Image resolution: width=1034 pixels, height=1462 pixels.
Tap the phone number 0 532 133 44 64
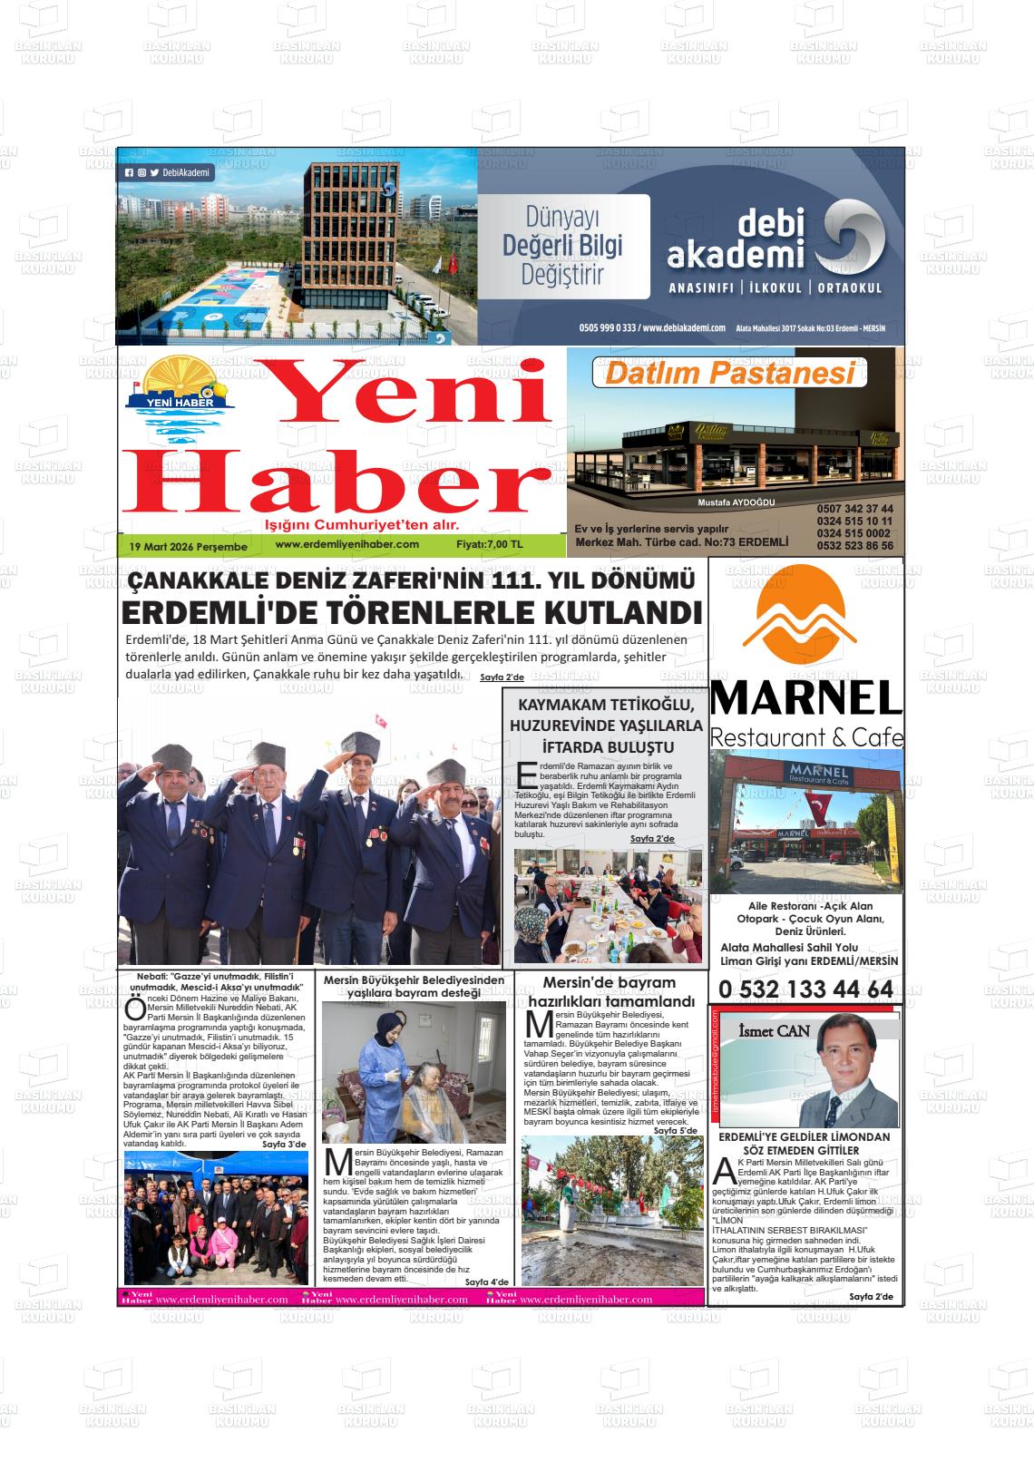point(805,989)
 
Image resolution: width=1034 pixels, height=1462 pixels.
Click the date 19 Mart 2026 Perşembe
point(189,547)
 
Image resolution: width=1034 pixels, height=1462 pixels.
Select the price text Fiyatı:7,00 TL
point(490,544)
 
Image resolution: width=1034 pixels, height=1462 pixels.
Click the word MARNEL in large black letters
point(805,698)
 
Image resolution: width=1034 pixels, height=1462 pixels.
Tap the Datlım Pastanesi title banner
point(729,374)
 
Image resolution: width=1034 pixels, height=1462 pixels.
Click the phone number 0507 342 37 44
point(854,509)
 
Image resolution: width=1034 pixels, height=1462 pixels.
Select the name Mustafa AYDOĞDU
point(736,502)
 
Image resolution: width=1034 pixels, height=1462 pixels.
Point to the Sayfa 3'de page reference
point(284,1145)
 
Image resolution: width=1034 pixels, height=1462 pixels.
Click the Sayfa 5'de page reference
point(675,1131)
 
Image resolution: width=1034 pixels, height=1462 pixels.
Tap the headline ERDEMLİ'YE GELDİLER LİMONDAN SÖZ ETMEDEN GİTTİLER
point(804,1143)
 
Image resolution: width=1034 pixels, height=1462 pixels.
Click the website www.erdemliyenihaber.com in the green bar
point(346,544)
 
